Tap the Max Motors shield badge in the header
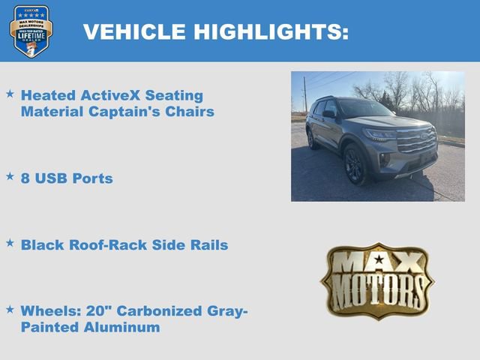pos(31,31)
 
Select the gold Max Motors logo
pos(377,280)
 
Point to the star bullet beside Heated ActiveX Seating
pos(10,94)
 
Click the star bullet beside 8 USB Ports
pos(10,177)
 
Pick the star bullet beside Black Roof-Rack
pos(10,243)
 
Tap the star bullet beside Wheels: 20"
pos(10,309)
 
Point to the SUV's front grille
pos(415,139)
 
